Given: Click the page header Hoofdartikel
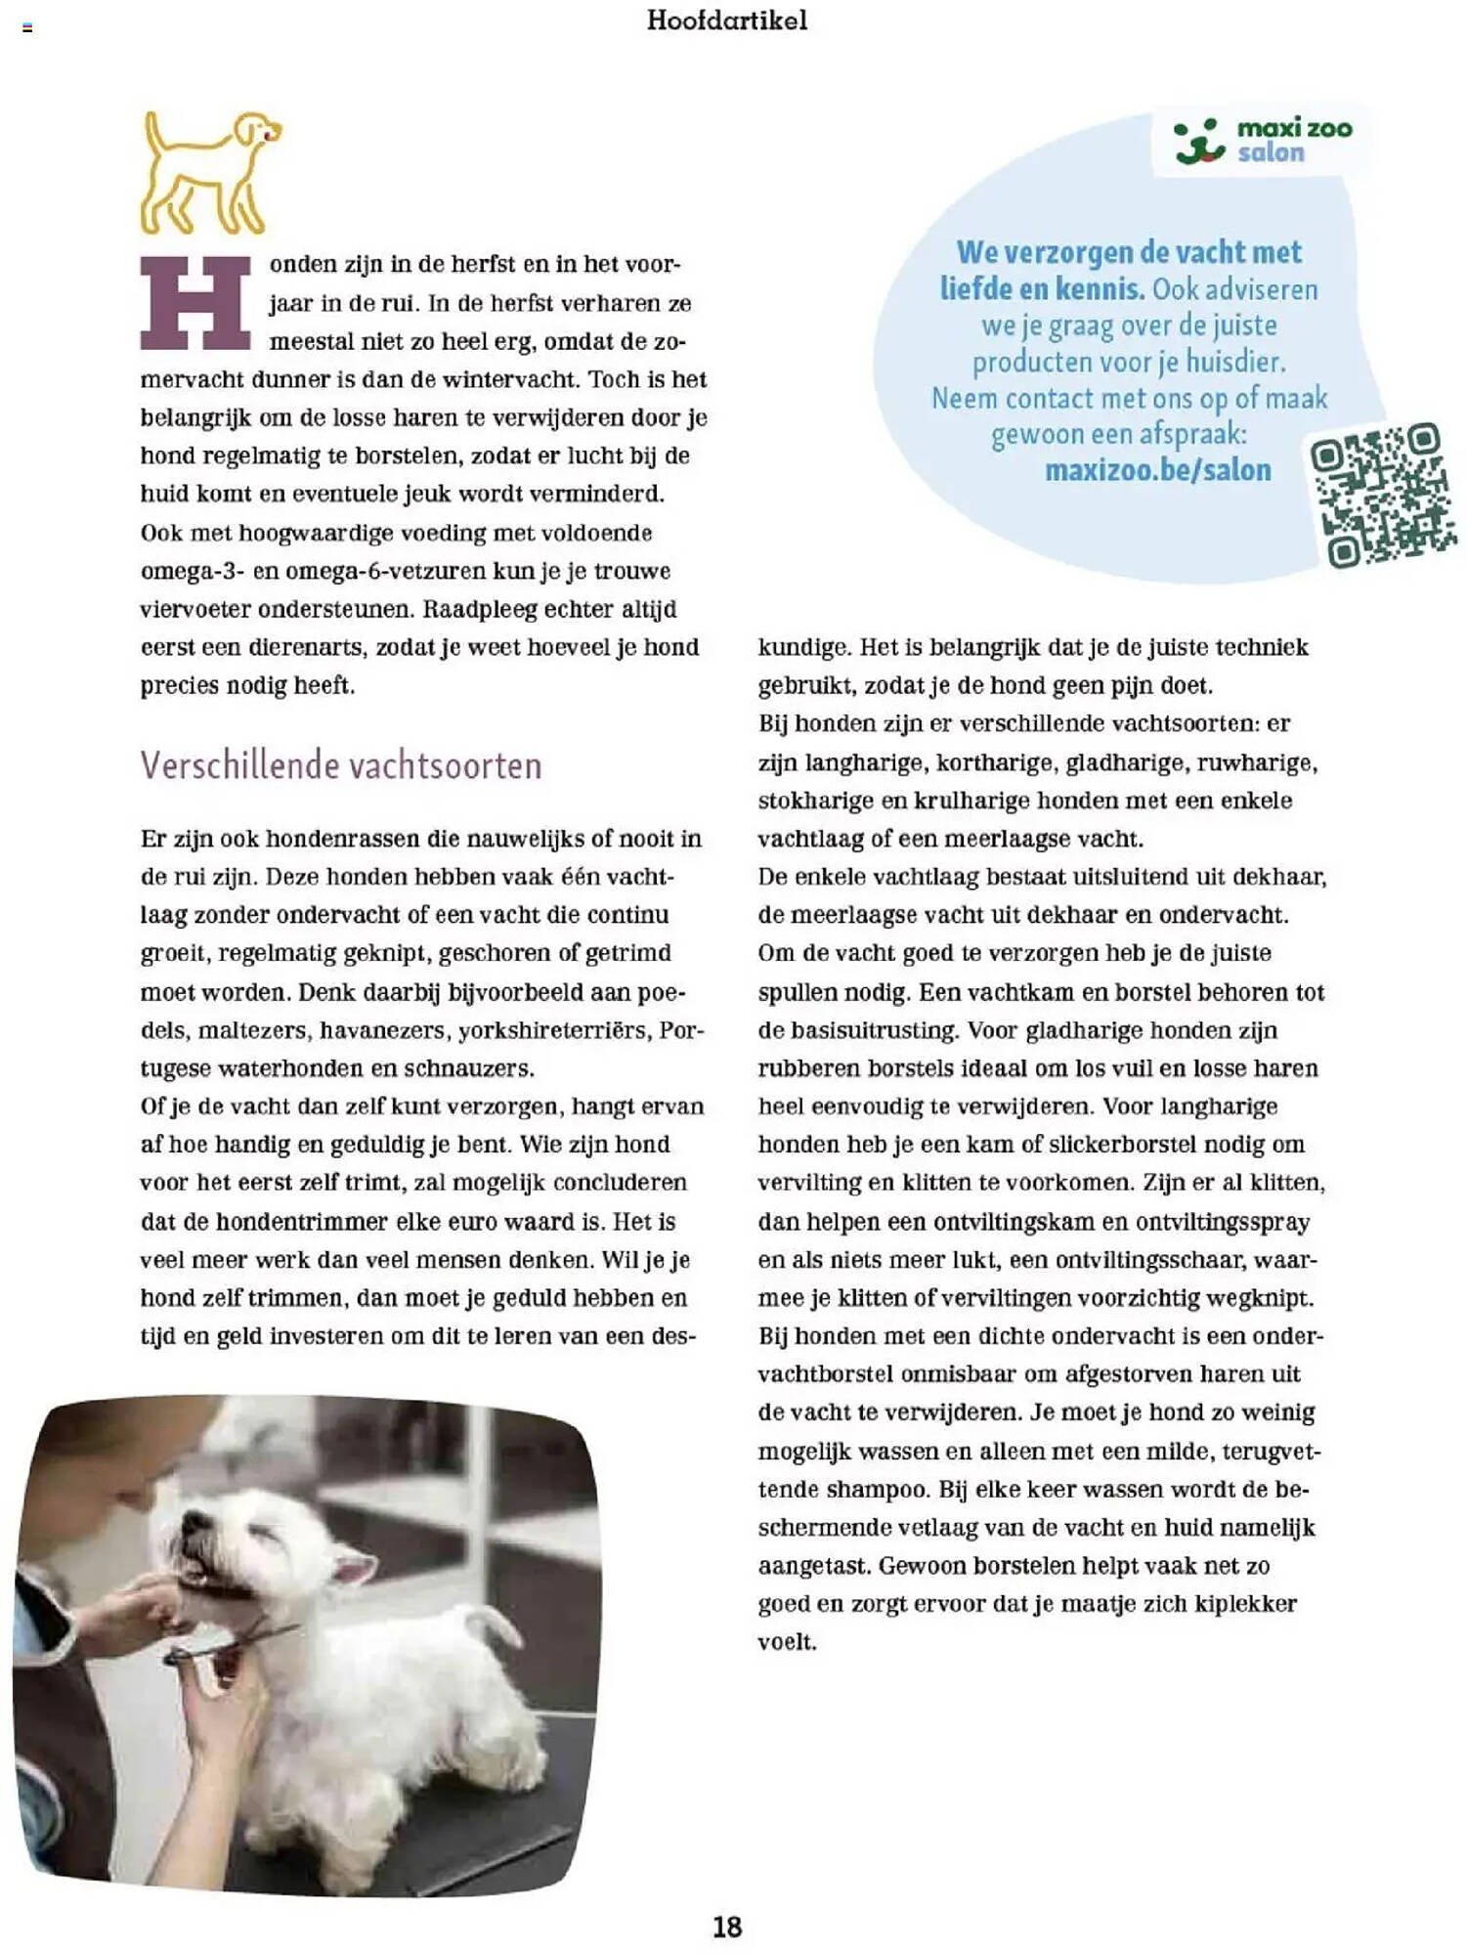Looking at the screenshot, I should [727, 21].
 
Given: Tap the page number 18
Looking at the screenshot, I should [727, 1927].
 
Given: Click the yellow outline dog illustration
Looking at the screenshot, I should [208, 172].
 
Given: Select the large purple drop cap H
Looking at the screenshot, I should [195, 303].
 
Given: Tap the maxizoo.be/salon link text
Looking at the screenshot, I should [1157, 470].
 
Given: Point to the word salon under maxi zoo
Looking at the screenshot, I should [1271, 153].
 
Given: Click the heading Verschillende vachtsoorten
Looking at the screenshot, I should [340, 764].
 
